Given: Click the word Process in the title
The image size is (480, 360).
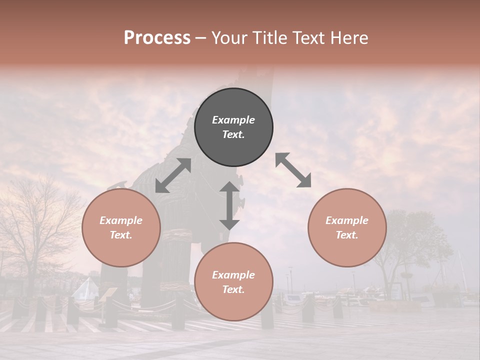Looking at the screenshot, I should click(x=157, y=38).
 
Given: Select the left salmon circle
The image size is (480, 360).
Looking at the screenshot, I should click(x=121, y=250).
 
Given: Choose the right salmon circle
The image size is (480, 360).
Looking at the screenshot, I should click(x=347, y=250).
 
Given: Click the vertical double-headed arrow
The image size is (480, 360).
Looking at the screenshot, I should click(x=229, y=205).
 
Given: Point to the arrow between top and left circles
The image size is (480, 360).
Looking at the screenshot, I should click(x=173, y=175).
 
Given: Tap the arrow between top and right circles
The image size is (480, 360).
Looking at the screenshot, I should click(x=293, y=170).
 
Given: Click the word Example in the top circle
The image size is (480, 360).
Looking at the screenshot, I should click(x=233, y=120).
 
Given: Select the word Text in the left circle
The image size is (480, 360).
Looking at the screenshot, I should click(x=121, y=235).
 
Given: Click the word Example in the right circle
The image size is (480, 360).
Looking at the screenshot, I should click(x=347, y=220).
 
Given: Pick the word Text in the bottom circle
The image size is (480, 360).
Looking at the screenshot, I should click(x=233, y=289).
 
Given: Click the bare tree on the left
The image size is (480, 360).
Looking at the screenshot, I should click(x=40, y=225).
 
